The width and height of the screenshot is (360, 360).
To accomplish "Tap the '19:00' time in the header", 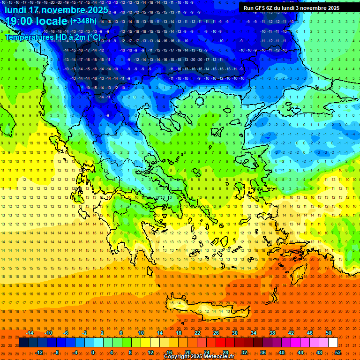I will point(19,21).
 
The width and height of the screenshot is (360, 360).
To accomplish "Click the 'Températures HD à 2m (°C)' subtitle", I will point(52,37).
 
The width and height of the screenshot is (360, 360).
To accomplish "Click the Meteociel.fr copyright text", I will point(199,357).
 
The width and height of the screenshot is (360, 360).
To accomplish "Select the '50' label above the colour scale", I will point(329,333).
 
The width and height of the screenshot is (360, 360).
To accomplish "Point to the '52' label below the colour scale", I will point(338,352).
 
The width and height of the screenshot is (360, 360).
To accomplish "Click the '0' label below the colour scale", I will point(93,352).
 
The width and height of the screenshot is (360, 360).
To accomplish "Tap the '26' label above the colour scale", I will point(216,333).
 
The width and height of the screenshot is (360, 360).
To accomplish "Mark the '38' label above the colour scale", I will point(272,333).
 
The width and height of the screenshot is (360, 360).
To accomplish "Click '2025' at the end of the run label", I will point(333,8).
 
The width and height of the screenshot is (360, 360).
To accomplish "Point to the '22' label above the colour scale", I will point(197,333).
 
